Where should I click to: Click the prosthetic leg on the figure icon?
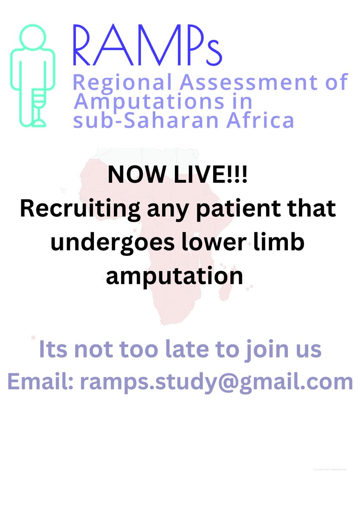click(39, 106)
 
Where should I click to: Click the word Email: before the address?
click(40, 382)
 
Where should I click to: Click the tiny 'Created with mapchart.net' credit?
click(330, 470)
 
